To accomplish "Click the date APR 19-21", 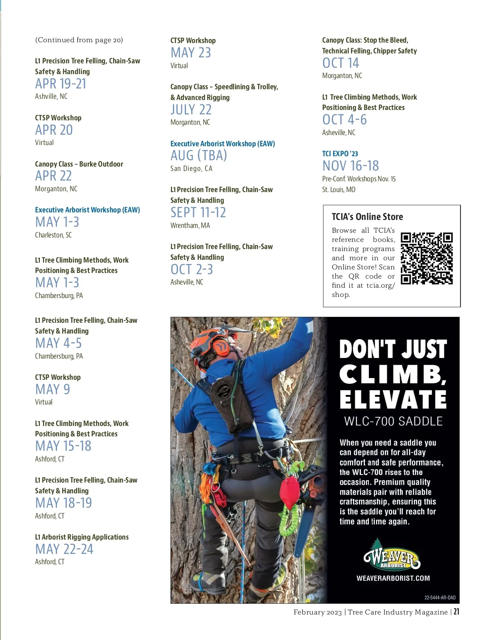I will click(61, 84).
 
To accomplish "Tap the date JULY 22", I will click(191, 110).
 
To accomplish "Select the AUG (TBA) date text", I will click(199, 155).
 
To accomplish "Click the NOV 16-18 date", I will click(351, 166).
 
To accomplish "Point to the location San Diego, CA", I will click(191, 169).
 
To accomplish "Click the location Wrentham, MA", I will click(190, 226).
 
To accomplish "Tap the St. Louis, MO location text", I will click(339, 190).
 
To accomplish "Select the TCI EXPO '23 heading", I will click(340, 154).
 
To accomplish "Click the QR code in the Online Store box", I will click(427, 258).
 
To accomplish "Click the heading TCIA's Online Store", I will click(367, 217).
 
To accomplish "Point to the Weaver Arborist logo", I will click(392, 555).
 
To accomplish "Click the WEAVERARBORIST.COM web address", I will click(393, 578).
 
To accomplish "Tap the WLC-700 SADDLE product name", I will click(393, 421).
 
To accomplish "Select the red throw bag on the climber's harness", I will click(290, 492).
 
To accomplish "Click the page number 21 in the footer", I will click(456, 612).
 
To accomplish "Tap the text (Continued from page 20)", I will click(79, 40).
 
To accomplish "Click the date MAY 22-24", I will click(64, 549).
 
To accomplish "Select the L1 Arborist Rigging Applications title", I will click(82, 537).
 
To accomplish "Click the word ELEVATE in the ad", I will click(393, 399).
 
